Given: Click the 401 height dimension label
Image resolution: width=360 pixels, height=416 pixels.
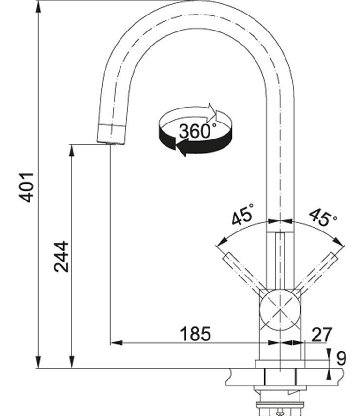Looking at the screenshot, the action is point(27,187).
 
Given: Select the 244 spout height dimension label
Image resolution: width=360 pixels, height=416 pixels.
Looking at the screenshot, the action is point(61,257).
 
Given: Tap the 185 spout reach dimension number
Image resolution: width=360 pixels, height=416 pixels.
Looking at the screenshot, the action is point(195,334).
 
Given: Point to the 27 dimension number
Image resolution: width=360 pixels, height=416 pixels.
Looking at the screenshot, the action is point(322,334).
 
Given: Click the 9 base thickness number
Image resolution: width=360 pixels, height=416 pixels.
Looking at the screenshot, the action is point(341,357).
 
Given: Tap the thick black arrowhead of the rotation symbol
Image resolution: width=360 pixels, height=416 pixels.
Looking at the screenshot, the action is point(181,149).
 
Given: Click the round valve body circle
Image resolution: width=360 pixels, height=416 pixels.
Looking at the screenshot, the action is point(280,310).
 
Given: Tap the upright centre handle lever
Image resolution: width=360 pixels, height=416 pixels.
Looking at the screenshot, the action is point(280,261).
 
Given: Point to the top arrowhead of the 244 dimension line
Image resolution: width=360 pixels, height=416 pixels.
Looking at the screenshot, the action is point(71,151).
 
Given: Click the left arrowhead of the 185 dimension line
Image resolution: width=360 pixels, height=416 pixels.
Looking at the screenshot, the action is point(116,343).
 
